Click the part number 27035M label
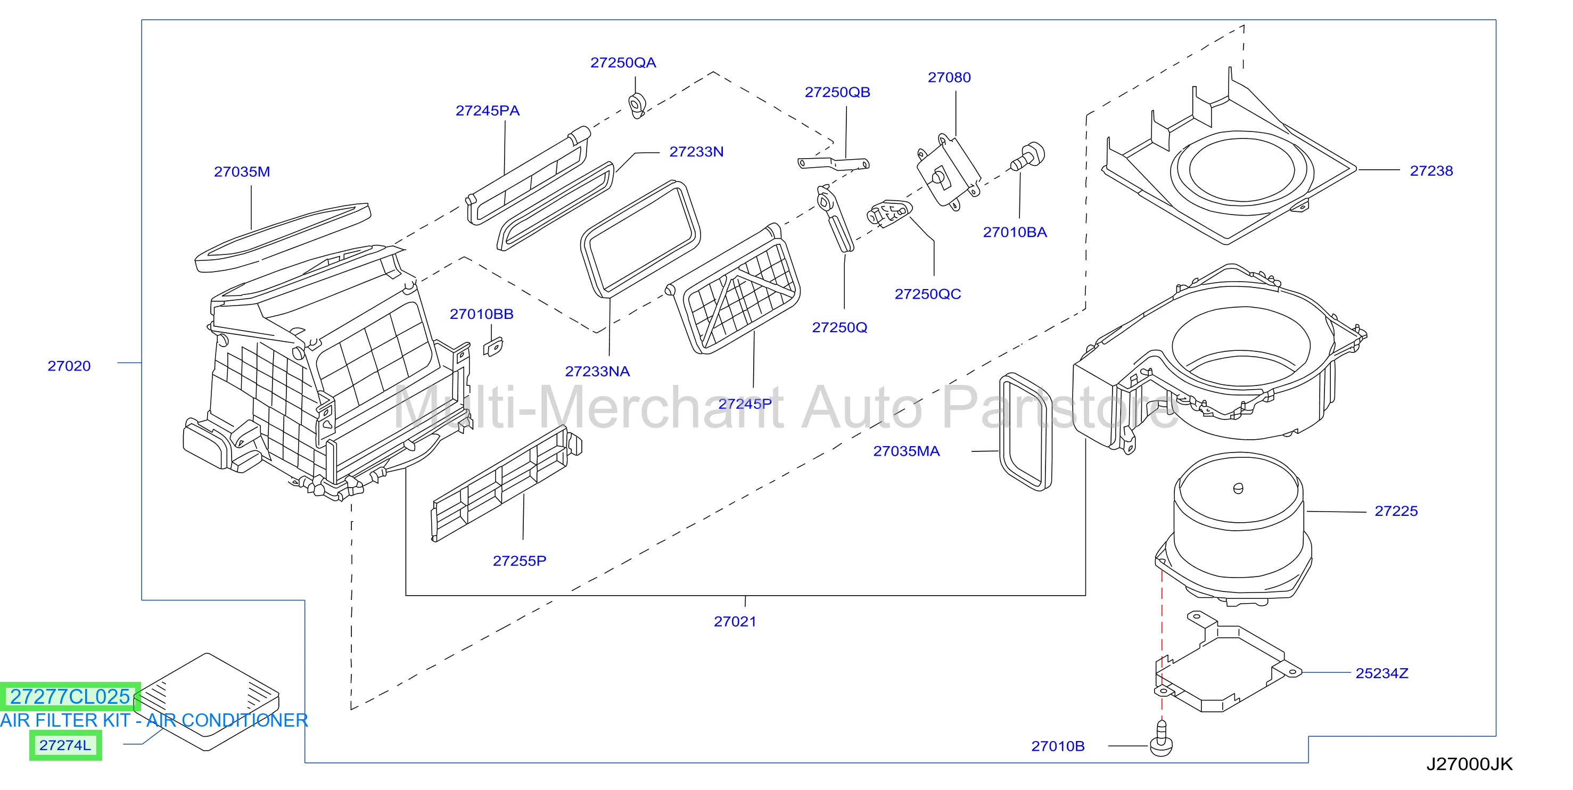pos(242,171)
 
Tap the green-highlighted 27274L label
pos(65,745)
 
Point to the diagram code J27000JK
pos(1469,764)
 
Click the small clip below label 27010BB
pos(493,347)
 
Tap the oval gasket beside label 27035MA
pos(1025,432)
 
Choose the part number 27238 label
pos(1431,171)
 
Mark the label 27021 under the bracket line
pos(735,621)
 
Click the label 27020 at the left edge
pos(69,366)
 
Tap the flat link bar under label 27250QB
pos(834,163)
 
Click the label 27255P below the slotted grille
pos(520,561)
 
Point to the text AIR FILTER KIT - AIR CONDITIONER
pos(154,720)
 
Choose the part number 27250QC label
pos(927,294)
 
